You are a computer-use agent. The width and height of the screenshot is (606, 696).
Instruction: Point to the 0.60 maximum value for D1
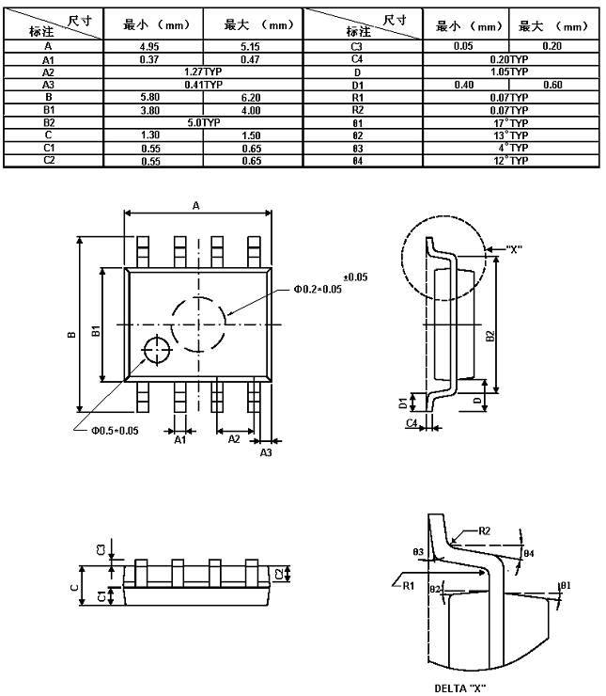(x=552, y=84)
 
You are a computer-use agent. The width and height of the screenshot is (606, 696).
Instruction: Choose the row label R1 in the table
(x=356, y=97)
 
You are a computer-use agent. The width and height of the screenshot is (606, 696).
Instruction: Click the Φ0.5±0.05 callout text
(x=115, y=431)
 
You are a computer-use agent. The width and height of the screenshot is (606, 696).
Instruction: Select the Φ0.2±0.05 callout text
(x=319, y=289)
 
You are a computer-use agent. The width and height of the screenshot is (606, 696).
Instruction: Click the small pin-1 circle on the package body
(x=154, y=348)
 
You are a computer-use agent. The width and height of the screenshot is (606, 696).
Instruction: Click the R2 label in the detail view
(x=484, y=531)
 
